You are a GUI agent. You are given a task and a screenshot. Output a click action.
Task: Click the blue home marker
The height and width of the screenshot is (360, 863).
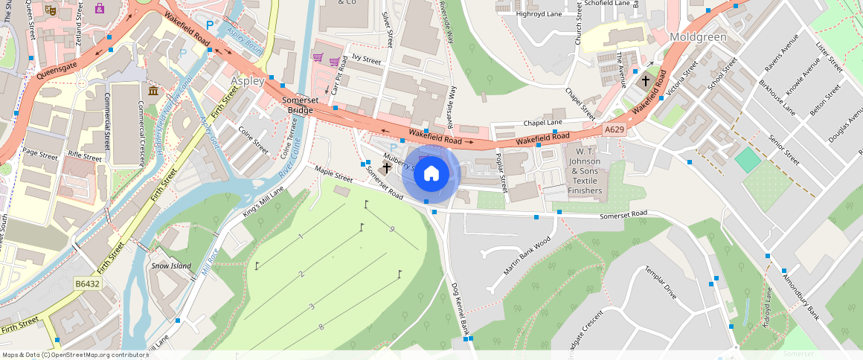431,174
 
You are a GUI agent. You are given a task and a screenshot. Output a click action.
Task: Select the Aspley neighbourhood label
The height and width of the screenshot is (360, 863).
248,80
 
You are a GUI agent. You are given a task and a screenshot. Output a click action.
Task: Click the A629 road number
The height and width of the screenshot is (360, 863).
614,129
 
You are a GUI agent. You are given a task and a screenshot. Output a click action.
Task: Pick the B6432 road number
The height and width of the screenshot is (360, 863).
87,283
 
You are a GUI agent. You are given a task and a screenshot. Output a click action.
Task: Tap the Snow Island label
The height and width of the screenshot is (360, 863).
171,266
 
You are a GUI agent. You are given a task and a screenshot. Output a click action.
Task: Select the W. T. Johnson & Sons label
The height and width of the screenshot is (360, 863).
584,176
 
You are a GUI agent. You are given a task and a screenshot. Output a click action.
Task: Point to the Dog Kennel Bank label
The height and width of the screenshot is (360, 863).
461,309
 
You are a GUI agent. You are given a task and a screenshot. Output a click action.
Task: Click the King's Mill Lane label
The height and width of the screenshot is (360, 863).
263,202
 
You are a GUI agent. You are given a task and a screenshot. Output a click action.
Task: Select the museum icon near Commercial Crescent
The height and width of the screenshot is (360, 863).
153,91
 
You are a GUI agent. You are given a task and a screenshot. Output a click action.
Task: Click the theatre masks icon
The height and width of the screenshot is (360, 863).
51,10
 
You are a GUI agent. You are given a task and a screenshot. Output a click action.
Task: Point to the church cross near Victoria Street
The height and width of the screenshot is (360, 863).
645,80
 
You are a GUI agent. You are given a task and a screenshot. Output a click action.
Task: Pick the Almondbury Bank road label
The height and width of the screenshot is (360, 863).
801,297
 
